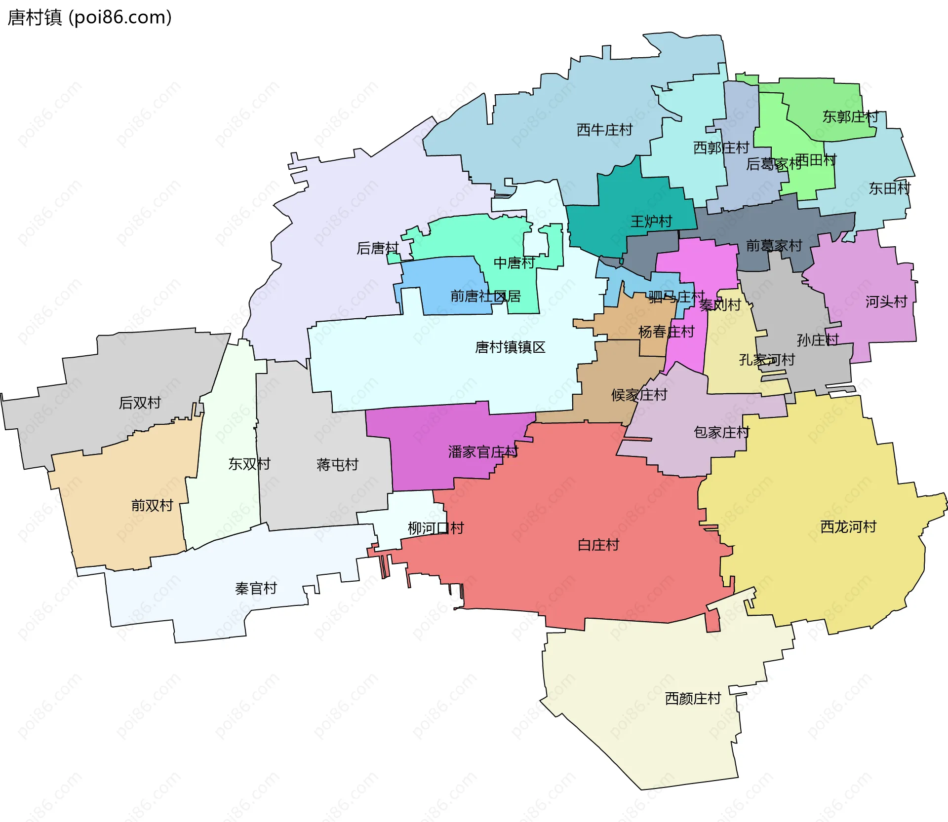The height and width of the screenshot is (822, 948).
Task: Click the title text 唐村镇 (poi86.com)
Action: pos(89,17)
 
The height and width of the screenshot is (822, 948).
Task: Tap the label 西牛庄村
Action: pos(604,130)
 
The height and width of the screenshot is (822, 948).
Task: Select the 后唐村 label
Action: pos(377,248)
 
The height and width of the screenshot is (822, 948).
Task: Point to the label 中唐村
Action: pos(514,263)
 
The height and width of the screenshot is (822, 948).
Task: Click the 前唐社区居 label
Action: pos(485,297)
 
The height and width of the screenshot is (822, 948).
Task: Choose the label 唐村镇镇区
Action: pos(510,347)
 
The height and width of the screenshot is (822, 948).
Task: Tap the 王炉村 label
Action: pos(651,222)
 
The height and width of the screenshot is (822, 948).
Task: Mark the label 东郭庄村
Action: pos(850,117)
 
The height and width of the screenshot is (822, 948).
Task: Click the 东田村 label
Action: pos(889,188)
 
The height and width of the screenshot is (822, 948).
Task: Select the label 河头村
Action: pos(886,302)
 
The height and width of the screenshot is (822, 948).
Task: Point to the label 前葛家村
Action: pos(774,246)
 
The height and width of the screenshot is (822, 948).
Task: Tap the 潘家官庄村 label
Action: pos(483,452)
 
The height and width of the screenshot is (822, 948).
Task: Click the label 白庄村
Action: pos(598,545)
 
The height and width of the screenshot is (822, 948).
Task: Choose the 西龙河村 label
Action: pos(848,527)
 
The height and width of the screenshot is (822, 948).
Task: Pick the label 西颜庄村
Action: pos(693,699)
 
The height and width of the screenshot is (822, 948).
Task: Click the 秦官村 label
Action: pos(256,589)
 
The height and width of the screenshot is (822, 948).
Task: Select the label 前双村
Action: pos(152,506)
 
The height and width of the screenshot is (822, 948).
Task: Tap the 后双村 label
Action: pos(140,403)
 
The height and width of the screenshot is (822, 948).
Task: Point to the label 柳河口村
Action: pos(435,528)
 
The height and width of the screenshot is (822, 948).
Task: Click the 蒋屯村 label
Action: pos(337,465)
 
